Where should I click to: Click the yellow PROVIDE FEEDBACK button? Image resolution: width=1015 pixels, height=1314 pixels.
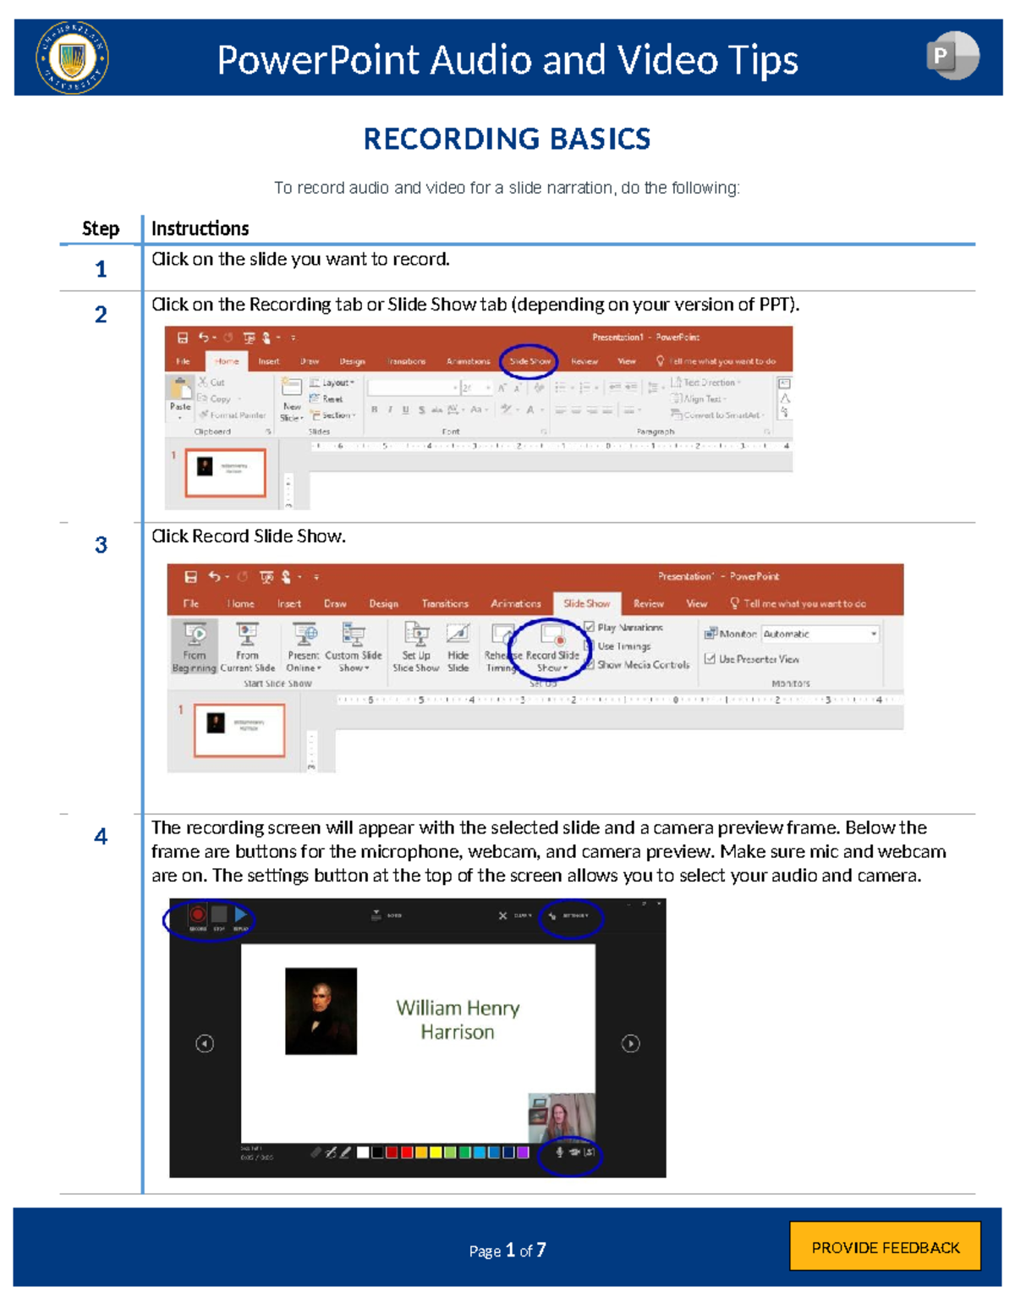885,1246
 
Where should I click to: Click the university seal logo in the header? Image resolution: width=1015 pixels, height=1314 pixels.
72,58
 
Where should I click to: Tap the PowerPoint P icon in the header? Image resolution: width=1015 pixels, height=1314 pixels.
952,56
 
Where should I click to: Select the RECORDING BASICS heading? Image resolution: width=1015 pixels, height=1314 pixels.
507,139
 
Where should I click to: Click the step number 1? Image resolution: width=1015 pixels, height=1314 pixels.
101,269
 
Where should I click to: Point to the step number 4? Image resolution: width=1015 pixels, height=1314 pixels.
101,837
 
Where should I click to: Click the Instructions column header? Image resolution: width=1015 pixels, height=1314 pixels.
200,228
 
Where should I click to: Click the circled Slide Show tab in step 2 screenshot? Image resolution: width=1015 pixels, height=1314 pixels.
529,361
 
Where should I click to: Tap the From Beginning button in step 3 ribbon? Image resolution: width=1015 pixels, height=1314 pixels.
195,646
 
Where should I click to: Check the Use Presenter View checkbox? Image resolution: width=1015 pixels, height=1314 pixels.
710,658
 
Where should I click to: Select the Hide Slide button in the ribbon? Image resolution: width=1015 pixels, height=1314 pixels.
458,646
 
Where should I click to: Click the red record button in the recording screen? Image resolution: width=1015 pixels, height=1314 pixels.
197,914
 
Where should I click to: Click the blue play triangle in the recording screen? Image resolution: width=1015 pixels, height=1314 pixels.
241,914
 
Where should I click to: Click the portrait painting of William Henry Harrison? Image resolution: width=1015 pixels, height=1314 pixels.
321,1011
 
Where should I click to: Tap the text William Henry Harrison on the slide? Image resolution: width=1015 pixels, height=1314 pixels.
458,1020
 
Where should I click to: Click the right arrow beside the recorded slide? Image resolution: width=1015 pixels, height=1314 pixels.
630,1043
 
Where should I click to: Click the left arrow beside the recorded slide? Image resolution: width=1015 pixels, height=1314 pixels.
205,1043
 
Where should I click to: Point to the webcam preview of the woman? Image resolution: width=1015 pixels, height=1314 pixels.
561,1117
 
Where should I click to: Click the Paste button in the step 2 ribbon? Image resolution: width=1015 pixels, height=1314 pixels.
180,396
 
